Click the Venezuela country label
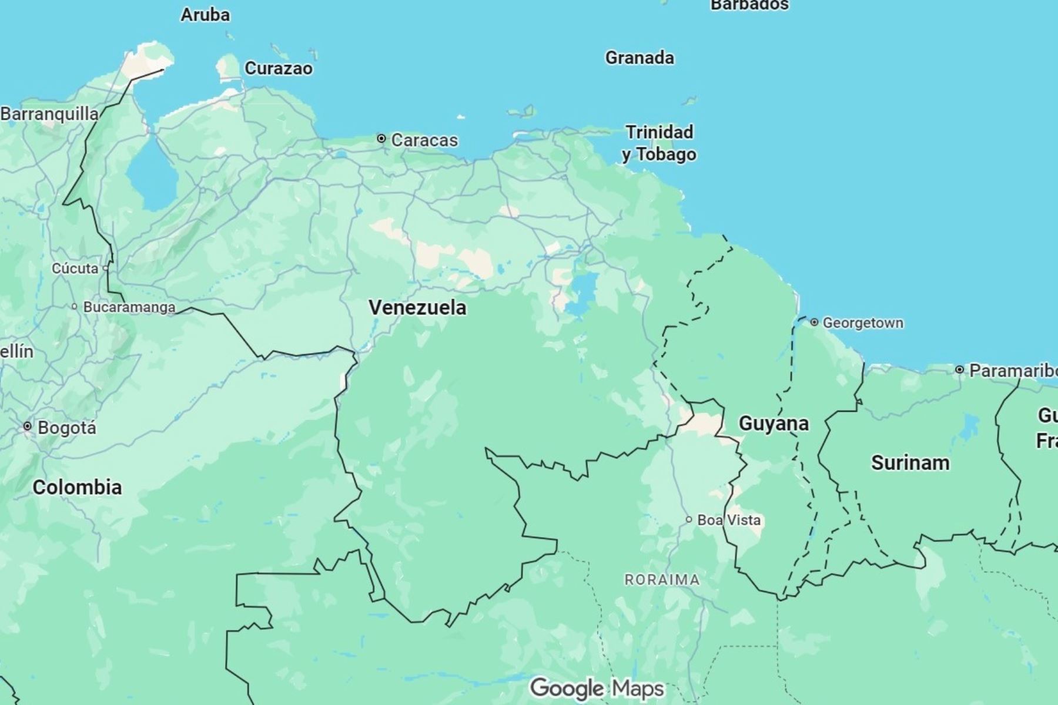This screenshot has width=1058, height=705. click(x=417, y=307)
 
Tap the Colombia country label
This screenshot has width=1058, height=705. click(x=77, y=487)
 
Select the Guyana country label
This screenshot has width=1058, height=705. click(x=774, y=424)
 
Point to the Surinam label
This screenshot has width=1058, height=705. click(x=910, y=463)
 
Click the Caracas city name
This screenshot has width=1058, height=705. click(x=424, y=140)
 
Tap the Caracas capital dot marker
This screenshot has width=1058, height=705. click(x=381, y=139)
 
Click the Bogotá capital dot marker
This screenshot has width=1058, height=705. click(x=27, y=427)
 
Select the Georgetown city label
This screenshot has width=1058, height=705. click(x=863, y=323)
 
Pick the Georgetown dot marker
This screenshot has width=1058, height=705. click(x=814, y=322)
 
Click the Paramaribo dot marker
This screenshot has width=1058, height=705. click(x=959, y=370)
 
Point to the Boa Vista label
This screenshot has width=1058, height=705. click(x=729, y=520)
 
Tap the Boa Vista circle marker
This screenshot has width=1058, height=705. click(x=689, y=519)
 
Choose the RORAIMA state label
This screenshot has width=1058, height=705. click(x=662, y=580)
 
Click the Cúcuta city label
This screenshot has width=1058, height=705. click(x=75, y=268)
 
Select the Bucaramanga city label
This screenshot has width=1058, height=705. click(x=129, y=307)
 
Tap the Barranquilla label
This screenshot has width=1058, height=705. click(x=49, y=113)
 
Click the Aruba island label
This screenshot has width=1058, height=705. click(x=205, y=15)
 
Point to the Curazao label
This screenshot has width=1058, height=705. click(x=278, y=68)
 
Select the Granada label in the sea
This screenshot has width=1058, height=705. click(x=640, y=58)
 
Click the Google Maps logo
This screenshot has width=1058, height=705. click(x=597, y=688)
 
